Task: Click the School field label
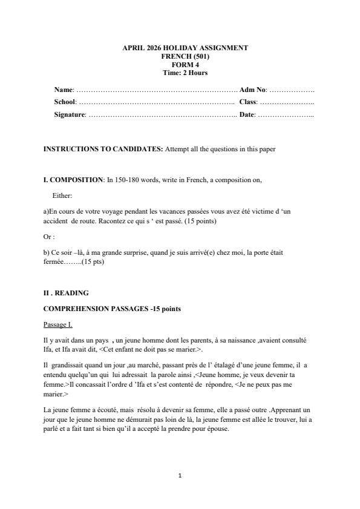click(x=65, y=102)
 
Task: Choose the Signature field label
click(x=70, y=114)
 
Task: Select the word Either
click(x=62, y=195)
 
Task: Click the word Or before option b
click(x=48, y=237)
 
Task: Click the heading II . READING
click(x=66, y=293)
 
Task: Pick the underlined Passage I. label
click(x=58, y=325)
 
